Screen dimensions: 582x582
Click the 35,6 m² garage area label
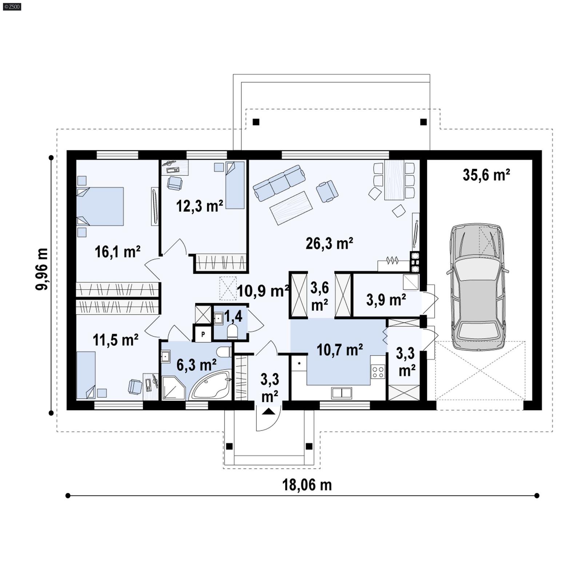(x=486, y=175)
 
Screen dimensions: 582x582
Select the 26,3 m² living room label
(x=329, y=243)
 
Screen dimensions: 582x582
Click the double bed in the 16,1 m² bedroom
(x=100, y=206)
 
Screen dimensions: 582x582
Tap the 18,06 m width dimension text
(x=307, y=485)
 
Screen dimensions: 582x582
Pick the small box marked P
(x=203, y=334)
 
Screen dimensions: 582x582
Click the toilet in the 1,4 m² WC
(x=232, y=331)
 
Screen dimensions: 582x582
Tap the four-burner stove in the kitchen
(x=378, y=372)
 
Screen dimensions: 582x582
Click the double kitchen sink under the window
(x=341, y=393)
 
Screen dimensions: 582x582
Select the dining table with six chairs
(x=394, y=180)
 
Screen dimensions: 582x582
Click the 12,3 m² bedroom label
(x=199, y=206)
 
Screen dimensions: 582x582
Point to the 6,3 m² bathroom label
(x=196, y=364)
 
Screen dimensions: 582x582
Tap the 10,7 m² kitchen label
(x=339, y=350)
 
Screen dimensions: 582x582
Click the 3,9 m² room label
(x=386, y=300)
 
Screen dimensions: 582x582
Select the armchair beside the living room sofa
(x=327, y=191)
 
